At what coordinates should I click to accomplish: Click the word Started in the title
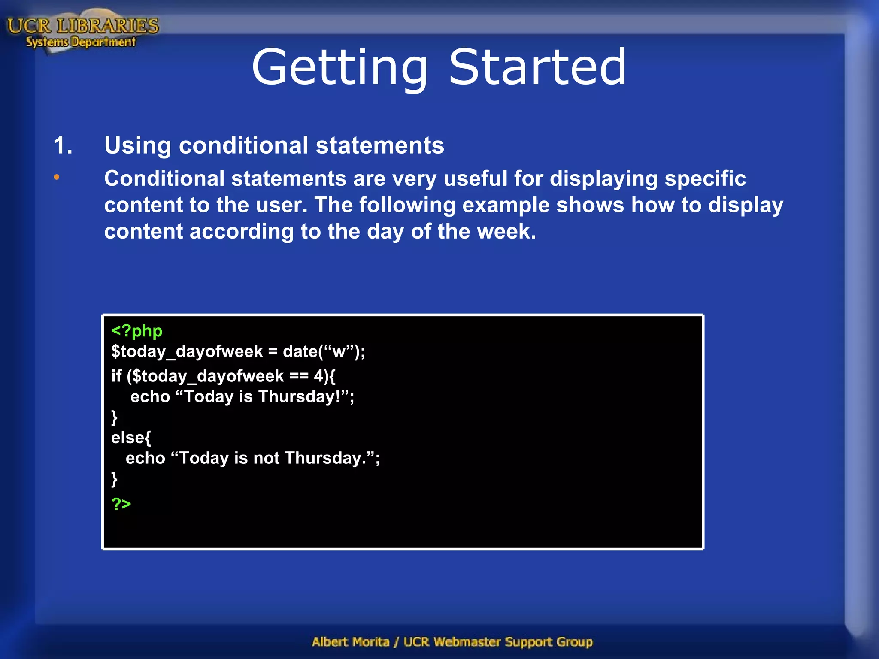537,68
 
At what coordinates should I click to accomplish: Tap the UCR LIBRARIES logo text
83,26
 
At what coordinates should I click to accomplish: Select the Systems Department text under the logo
81,42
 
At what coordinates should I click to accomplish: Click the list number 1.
63,145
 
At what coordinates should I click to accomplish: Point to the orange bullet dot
57,177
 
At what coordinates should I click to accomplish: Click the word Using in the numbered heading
137,145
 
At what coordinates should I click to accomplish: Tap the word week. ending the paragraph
506,231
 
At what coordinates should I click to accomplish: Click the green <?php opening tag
136,331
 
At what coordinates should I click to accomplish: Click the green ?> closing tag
121,503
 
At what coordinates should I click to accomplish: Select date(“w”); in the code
324,352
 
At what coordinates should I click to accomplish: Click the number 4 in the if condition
318,376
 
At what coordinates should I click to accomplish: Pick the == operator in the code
299,376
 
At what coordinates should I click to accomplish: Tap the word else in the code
127,438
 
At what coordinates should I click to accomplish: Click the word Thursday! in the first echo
299,396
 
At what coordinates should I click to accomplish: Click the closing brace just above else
114,417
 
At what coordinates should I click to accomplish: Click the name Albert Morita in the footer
350,642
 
